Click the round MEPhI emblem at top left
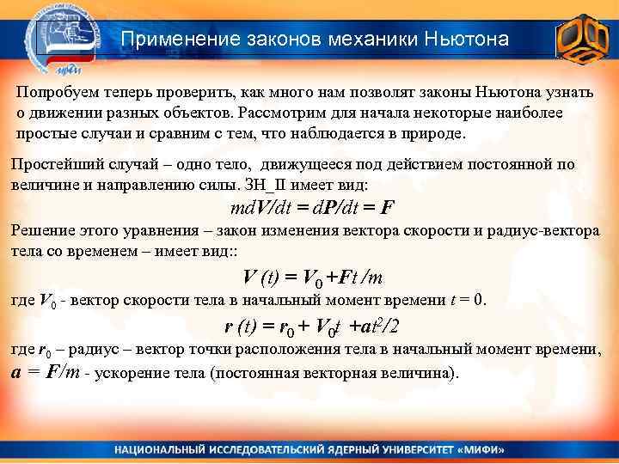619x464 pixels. [64, 38]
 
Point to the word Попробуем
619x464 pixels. [55, 91]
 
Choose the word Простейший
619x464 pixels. [50, 164]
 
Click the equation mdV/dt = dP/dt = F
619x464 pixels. [313, 208]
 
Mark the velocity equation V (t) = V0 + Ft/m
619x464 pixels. [313, 278]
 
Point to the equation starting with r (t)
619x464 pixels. [311, 327]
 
